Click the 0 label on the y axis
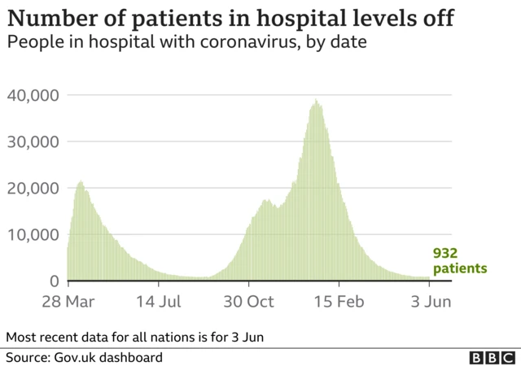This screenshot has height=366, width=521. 54,281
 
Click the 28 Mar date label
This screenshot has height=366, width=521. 68,302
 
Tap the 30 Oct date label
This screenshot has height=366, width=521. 249,302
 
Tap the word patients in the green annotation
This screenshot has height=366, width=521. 460,268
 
